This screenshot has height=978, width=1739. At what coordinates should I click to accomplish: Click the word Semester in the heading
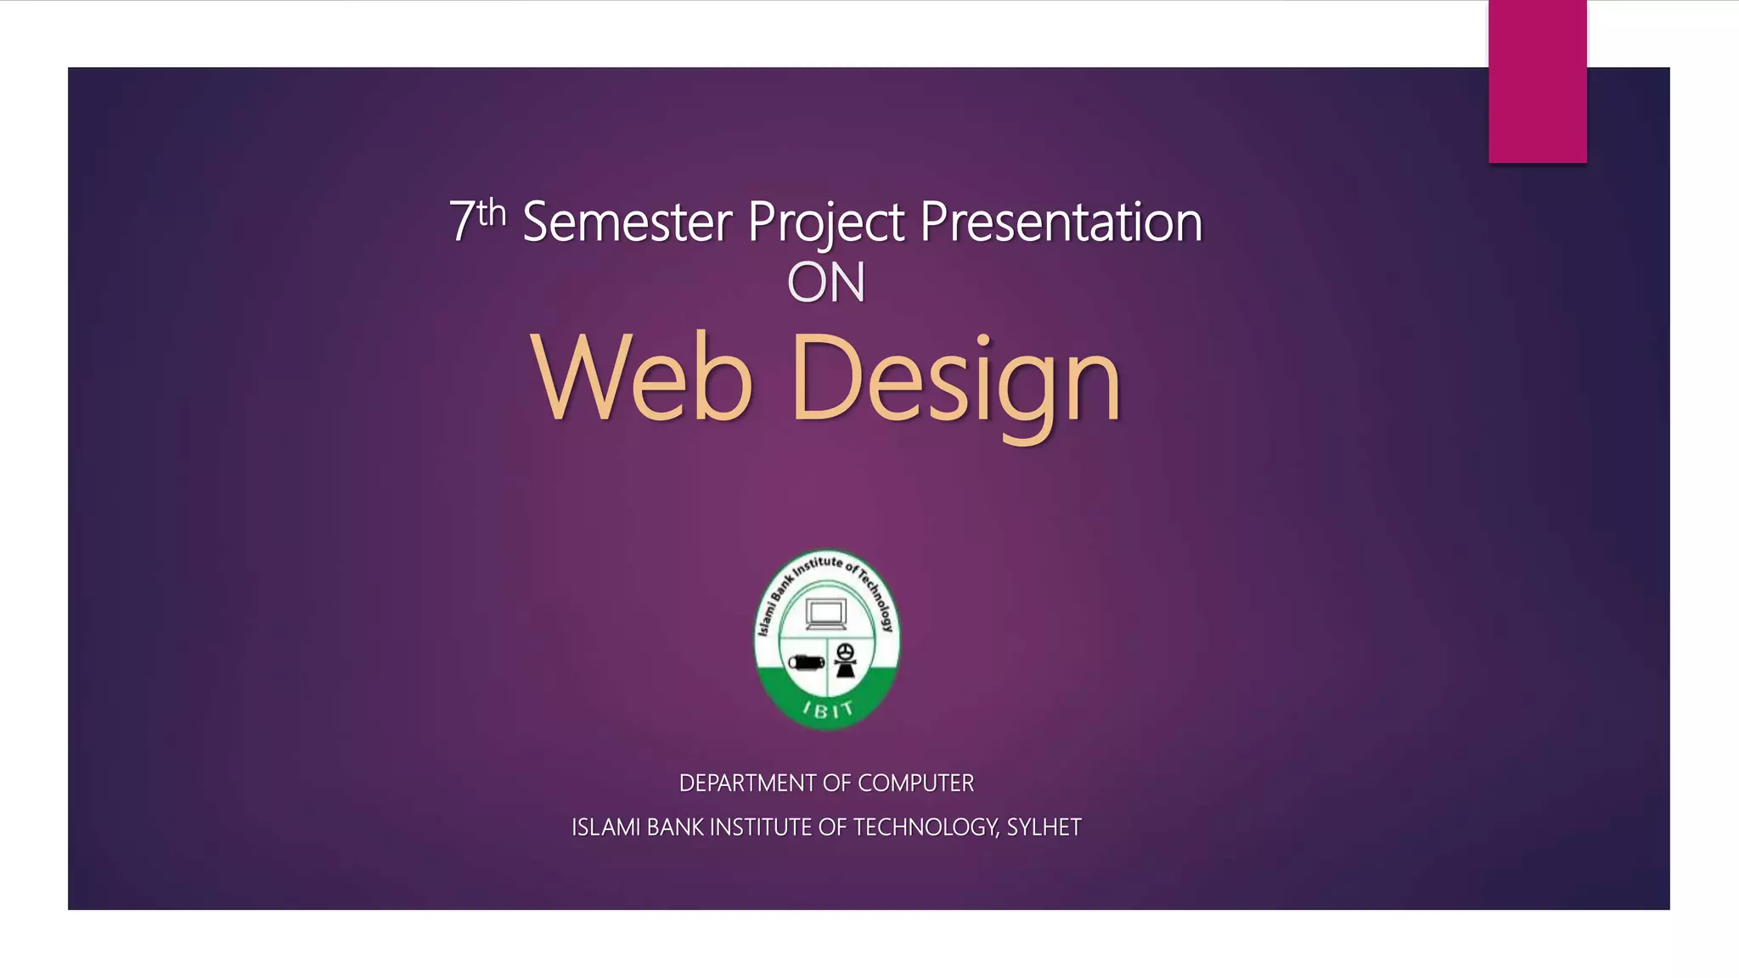[x=627, y=222]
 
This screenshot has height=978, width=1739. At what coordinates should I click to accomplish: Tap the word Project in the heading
[x=825, y=222]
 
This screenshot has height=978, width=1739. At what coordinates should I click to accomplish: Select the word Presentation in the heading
[x=1061, y=222]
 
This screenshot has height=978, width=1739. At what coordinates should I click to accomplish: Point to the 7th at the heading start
[x=477, y=219]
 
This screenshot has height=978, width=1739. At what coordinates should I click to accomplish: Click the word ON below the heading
[x=826, y=283]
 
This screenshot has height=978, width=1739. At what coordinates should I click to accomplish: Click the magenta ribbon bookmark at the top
[x=1537, y=81]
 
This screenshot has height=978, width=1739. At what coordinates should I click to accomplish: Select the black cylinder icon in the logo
[x=806, y=661]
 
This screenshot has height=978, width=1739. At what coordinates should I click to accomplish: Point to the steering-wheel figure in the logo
[x=846, y=660]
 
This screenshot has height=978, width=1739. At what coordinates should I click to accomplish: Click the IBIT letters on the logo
[x=828, y=710]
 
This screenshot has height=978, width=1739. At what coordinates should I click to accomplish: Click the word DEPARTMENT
[x=736, y=783]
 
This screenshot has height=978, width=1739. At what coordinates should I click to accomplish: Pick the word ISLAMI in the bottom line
[x=606, y=827]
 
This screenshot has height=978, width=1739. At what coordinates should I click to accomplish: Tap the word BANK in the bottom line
[x=675, y=827]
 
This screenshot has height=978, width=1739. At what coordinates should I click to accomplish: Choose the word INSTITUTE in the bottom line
[x=761, y=827]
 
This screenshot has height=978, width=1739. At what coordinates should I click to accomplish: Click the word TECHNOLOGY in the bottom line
[x=925, y=827]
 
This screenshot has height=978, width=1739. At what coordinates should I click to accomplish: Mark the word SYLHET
[x=1044, y=827]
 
